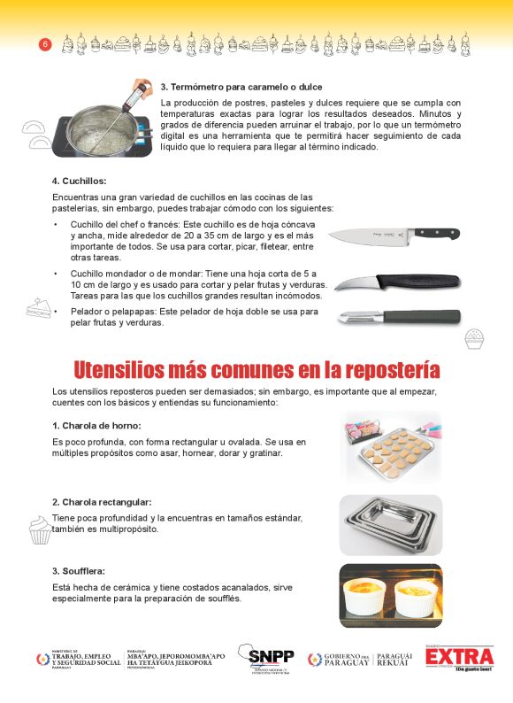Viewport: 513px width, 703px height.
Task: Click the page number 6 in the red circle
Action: pyautogui.click(x=45, y=44)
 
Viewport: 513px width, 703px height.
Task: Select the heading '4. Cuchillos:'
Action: pyautogui.click(x=79, y=181)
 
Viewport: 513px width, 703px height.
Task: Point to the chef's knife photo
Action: pyautogui.click(x=394, y=235)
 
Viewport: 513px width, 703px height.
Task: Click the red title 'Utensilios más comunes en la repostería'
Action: pyautogui.click(x=256, y=368)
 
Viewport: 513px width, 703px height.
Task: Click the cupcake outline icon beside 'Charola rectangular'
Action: pyautogui.click(x=40, y=530)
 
